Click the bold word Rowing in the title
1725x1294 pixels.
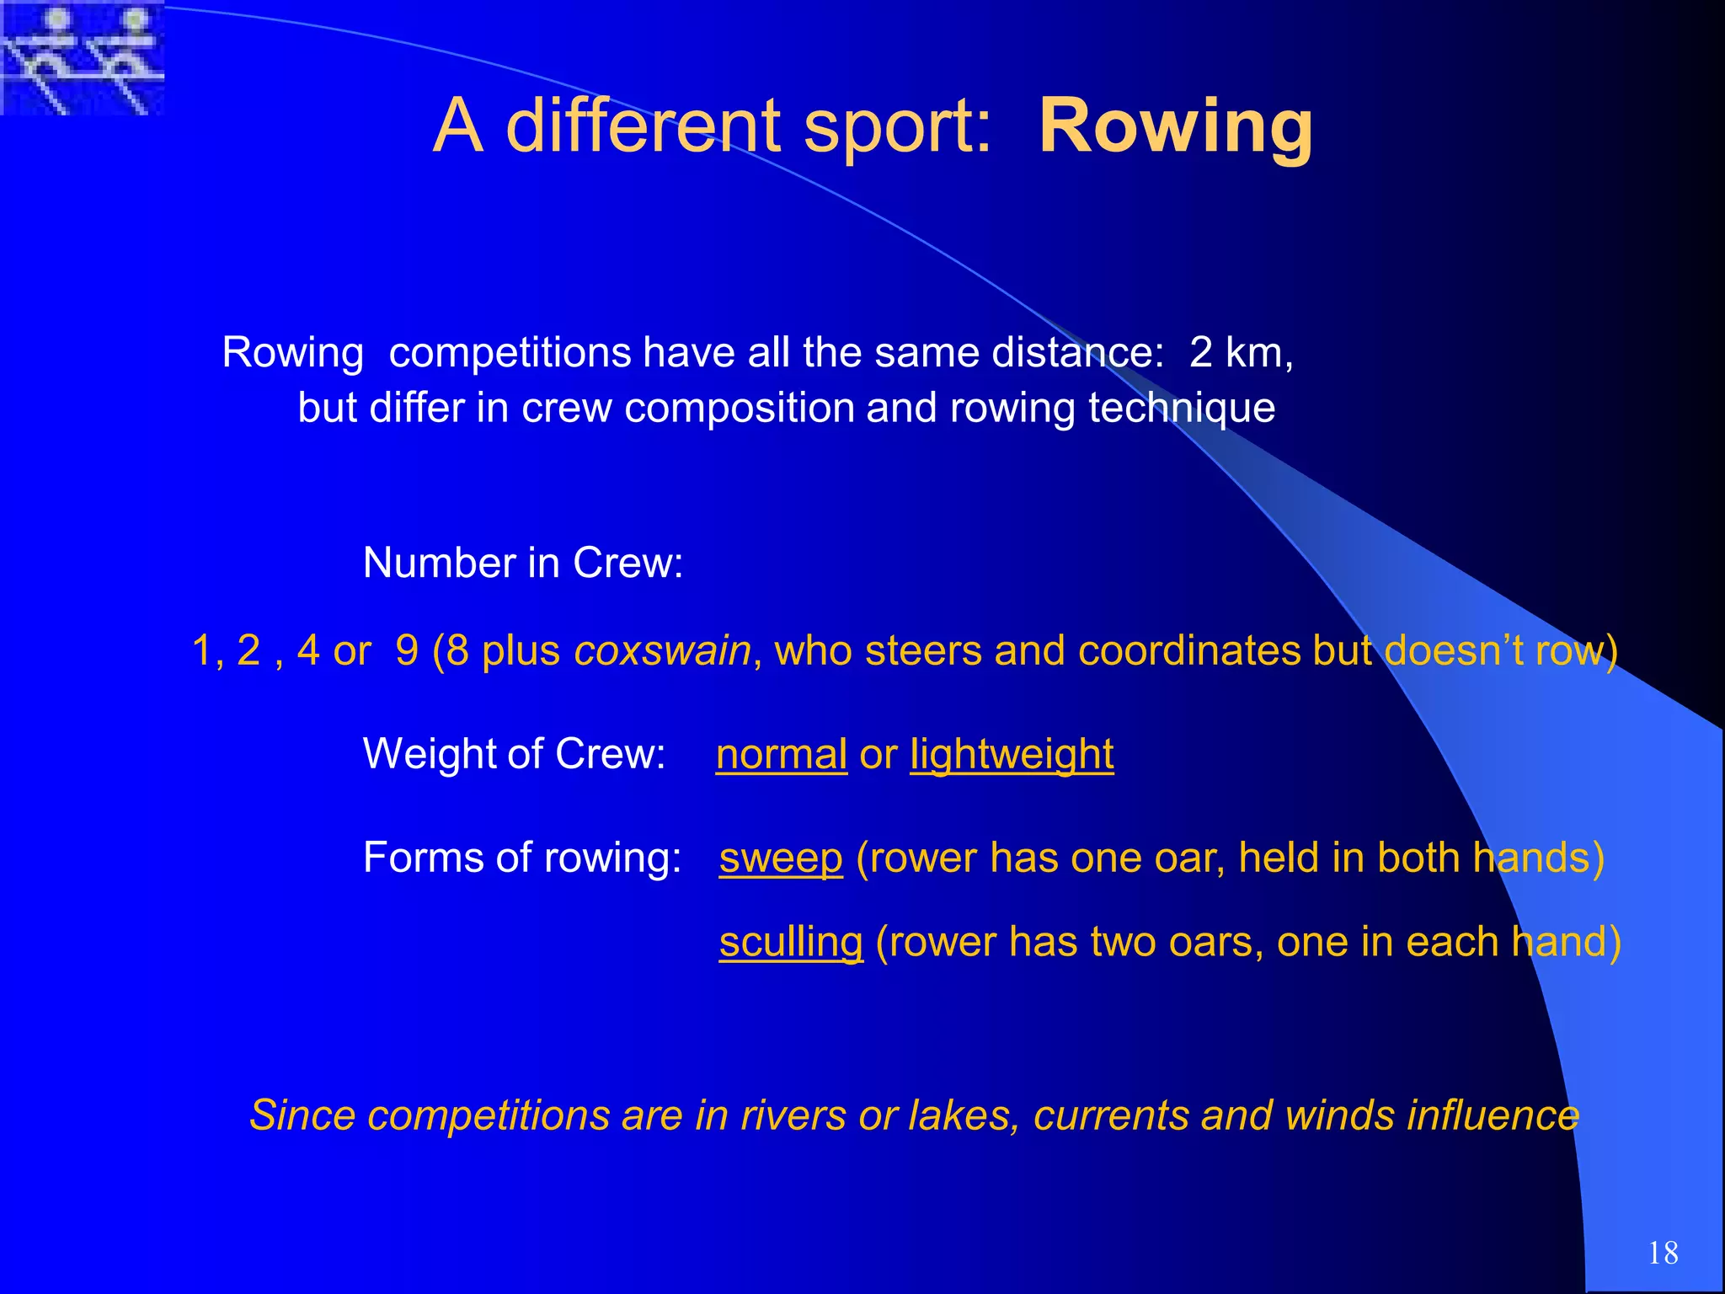pos(1176,126)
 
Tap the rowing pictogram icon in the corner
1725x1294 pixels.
pos(82,57)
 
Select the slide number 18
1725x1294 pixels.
pos(1663,1253)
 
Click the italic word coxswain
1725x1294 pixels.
pos(662,650)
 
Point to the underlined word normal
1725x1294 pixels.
pos(781,754)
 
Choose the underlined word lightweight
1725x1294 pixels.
pos(1012,754)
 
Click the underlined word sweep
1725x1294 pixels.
pos(781,858)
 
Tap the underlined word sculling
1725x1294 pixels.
pos(791,942)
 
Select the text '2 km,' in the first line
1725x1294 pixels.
pos(1241,352)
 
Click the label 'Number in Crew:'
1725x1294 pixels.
pos(523,563)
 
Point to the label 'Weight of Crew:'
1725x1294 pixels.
pos(514,753)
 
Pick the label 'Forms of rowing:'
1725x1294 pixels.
pos(522,858)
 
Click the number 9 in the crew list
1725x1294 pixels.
pos(407,650)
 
